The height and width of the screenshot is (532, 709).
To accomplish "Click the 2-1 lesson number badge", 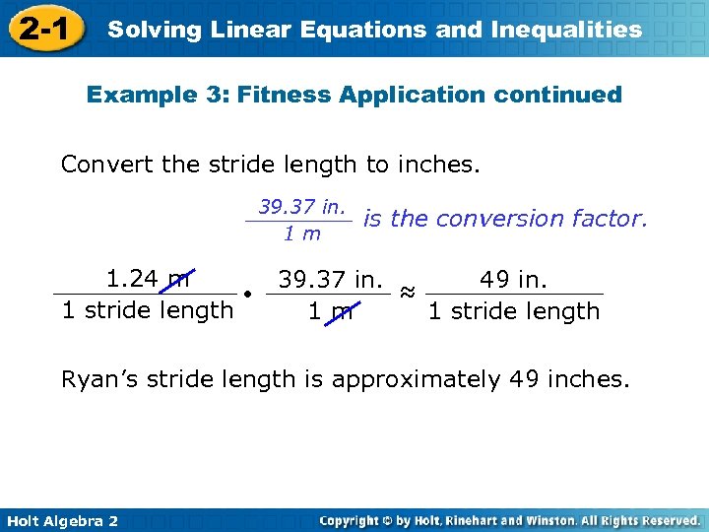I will [x=42, y=29].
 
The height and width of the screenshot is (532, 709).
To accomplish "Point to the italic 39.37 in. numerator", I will [x=302, y=206].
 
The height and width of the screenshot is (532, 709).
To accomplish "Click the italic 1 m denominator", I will [x=302, y=233].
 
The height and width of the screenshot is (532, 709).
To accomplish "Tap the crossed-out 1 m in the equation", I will [x=330, y=312].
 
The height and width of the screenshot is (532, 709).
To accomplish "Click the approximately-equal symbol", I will [x=407, y=293].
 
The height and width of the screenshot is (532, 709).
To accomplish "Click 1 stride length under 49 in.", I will [x=513, y=311].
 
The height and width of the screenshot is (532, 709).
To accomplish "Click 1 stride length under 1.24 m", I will [x=147, y=310].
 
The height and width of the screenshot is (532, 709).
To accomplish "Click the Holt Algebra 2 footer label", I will [x=61, y=520].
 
